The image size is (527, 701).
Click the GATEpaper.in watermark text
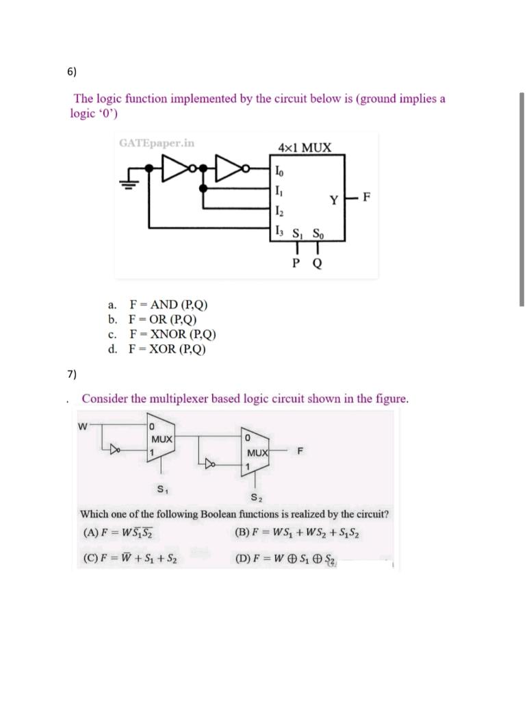point(157,143)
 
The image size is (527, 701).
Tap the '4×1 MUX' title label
point(305,147)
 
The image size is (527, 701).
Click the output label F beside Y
point(368,199)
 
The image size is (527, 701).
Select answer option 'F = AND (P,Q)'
point(164,305)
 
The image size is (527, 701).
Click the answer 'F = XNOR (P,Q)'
point(172,335)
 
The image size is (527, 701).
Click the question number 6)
point(72,71)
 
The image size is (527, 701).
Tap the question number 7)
point(72,374)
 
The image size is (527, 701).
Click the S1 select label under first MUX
point(162,489)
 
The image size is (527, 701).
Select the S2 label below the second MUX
point(255,498)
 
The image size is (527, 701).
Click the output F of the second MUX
point(300,450)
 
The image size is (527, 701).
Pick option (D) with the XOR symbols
point(287,559)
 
